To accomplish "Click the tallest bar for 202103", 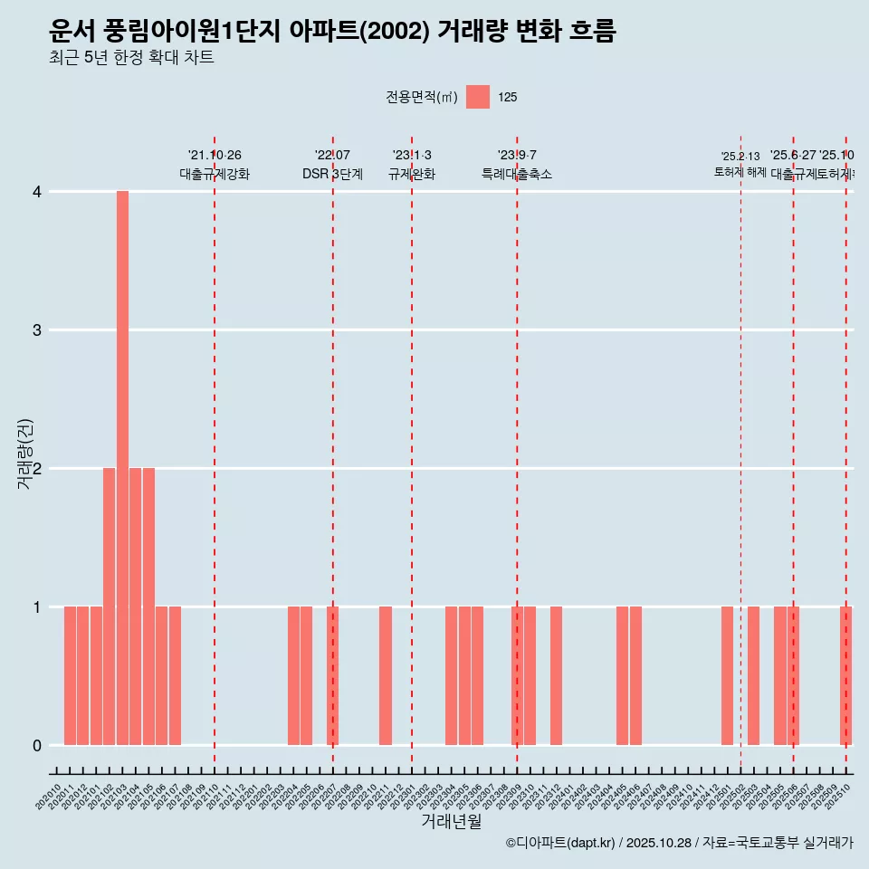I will [x=122, y=468].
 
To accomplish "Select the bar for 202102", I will [x=109, y=606].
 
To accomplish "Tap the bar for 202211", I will [x=386, y=675].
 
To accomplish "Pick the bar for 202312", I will [x=556, y=675].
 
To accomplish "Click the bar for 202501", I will [x=727, y=675].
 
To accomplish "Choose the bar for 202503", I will [x=753, y=675].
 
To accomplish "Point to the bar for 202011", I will [x=70, y=675].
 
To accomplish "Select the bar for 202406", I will [x=635, y=675].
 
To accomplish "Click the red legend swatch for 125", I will [x=478, y=97].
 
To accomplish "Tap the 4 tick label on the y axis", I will [x=37, y=192].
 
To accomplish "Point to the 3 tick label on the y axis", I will [x=37, y=330].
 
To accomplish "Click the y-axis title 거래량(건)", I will [x=25, y=454].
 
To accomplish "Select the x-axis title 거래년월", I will [x=451, y=822].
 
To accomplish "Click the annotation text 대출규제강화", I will [x=215, y=175].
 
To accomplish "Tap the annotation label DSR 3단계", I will [x=332, y=175].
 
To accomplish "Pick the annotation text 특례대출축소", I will [x=516, y=175].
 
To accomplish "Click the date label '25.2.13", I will [x=740, y=157].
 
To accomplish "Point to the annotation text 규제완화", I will [x=412, y=175].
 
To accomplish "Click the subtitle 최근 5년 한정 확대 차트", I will [x=132, y=59].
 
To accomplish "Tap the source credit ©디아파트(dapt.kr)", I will [x=560, y=843].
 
